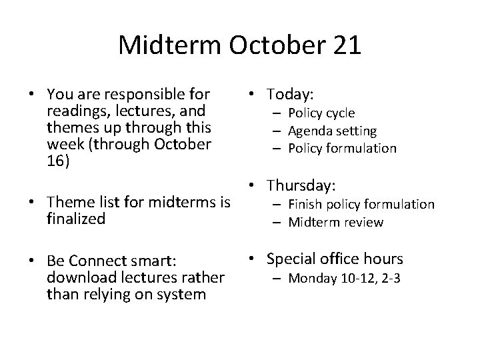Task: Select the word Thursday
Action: [301, 185]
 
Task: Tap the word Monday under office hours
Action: [311, 277]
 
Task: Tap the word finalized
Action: [77, 219]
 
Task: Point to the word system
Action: [179, 295]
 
